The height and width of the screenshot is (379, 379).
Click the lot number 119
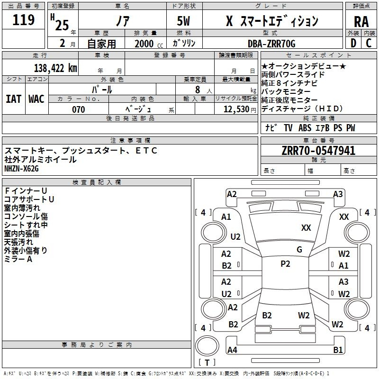(x=23, y=20)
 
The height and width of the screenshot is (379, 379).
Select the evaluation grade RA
(x=361, y=22)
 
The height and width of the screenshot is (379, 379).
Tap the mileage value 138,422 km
(x=55, y=68)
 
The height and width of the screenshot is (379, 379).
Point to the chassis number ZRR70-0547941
(x=318, y=151)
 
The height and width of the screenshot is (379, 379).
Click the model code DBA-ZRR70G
(x=271, y=44)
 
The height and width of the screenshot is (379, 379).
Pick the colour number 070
(x=78, y=109)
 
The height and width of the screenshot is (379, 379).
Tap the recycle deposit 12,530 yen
(x=240, y=109)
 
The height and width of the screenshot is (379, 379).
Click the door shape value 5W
(x=183, y=21)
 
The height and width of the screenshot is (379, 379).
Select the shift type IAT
(x=13, y=99)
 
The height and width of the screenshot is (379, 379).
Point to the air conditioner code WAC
(x=36, y=99)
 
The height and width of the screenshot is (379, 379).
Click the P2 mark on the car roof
(x=285, y=264)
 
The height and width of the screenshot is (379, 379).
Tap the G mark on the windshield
(x=299, y=250)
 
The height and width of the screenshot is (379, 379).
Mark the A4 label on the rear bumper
(x=232, y=350)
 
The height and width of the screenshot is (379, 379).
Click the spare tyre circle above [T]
(x=207, y=346)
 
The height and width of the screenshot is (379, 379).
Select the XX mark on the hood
(x=306, y=228)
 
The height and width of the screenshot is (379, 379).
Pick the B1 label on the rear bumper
(x=338, y=350)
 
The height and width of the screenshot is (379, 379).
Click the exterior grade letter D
(x=353, y=43)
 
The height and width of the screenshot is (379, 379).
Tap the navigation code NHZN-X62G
(x=21, y=169)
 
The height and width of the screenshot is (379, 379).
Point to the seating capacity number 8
(x=198, y=90)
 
